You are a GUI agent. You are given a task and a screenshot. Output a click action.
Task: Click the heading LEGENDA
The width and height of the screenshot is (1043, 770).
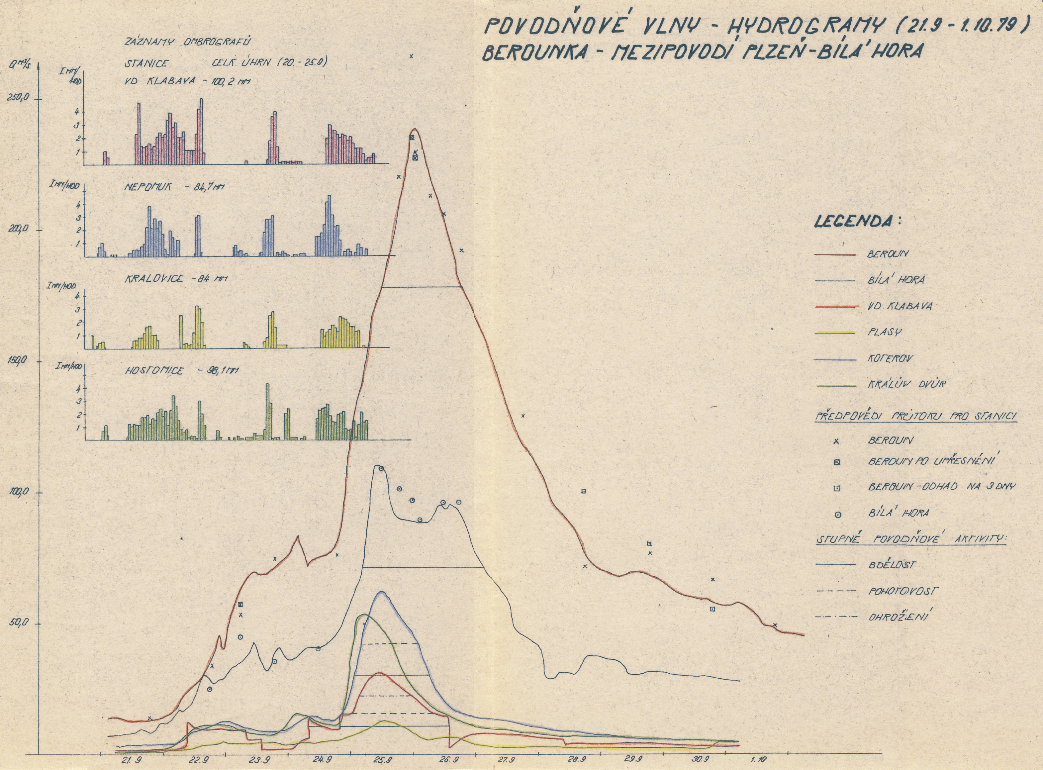click(857, 221)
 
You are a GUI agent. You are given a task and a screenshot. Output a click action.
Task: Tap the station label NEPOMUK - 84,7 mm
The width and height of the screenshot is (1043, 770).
click(171, 187)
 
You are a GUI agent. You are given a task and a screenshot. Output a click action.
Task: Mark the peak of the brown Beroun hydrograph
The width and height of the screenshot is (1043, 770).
click(414, 129)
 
